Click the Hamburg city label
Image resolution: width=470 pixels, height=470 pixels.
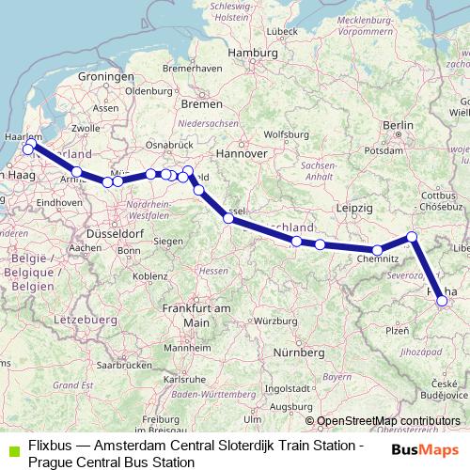254,53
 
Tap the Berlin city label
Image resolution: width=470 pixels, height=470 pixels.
399,125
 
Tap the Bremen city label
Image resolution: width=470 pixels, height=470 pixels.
202,102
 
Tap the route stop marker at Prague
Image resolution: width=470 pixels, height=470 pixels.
443,301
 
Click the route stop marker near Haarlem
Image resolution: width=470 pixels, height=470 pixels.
28,148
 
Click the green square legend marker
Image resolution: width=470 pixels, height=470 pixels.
10,447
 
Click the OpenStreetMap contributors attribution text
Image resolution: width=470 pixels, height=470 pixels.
387,421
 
